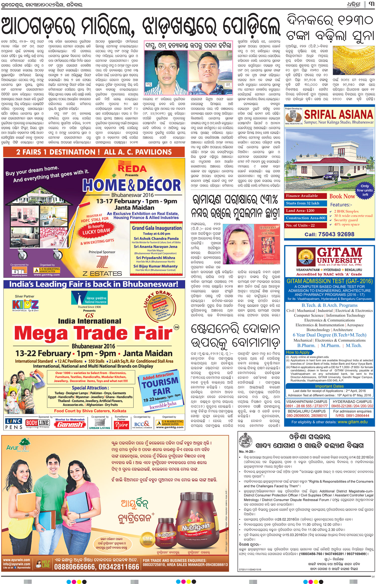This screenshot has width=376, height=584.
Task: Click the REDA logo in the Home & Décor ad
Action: click(132, 167)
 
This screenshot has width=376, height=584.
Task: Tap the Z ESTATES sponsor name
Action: click(102, 273)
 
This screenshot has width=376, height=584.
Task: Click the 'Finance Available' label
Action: click(302, 196)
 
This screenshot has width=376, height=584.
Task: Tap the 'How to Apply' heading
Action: click(298, 352)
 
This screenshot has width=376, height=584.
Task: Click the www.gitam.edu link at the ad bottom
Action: click(353, 422)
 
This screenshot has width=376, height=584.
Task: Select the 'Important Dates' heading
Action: click(329, 386)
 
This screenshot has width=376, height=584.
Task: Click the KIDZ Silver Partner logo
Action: click(25, 305)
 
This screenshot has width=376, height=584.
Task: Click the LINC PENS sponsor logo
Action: click(14, 424)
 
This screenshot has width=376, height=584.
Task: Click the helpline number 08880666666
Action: click(97, 567)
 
